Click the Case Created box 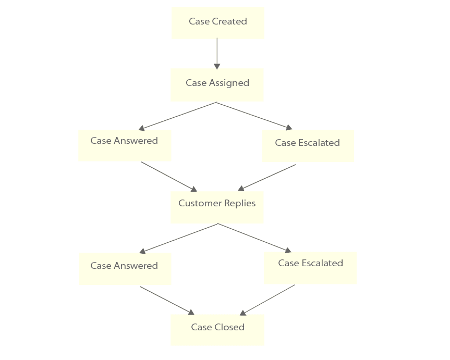coord(218,22)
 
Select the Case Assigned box coord(217,84)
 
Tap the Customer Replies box coord(217,207)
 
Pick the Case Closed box coord(217,329)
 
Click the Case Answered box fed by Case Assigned coord(124,145)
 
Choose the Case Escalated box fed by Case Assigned coord(307,146)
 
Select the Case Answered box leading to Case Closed coord(125,268)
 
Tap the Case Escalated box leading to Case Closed coord(310,268)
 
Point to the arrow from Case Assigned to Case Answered coord(177,116)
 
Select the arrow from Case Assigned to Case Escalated coord(254,116)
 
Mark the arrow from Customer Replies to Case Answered coord(178,238)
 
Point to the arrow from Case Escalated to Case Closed coord(267,300)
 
